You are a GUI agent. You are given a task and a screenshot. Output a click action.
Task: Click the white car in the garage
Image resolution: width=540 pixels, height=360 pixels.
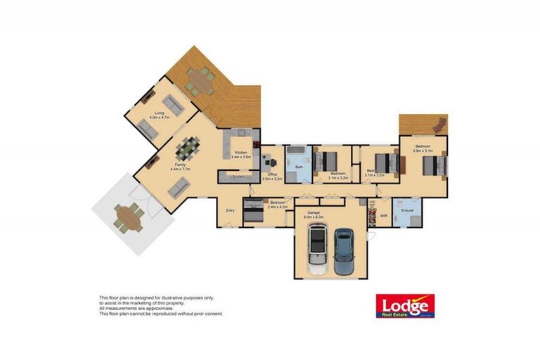point(318,252)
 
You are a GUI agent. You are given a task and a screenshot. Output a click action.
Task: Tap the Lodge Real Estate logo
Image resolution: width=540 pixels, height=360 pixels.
point(406,307)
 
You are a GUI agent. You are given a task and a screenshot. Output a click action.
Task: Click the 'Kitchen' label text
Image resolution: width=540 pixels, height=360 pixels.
point(240,152)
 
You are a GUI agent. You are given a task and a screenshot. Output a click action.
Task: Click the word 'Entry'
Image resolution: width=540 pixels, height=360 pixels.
point(230,210)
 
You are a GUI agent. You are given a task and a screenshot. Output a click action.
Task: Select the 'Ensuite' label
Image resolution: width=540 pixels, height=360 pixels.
point(406,210)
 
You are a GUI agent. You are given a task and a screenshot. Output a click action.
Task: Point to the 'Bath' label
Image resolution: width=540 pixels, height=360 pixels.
point(299,167)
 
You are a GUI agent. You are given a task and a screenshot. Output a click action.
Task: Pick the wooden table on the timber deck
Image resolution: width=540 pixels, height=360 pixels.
point(201,82)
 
